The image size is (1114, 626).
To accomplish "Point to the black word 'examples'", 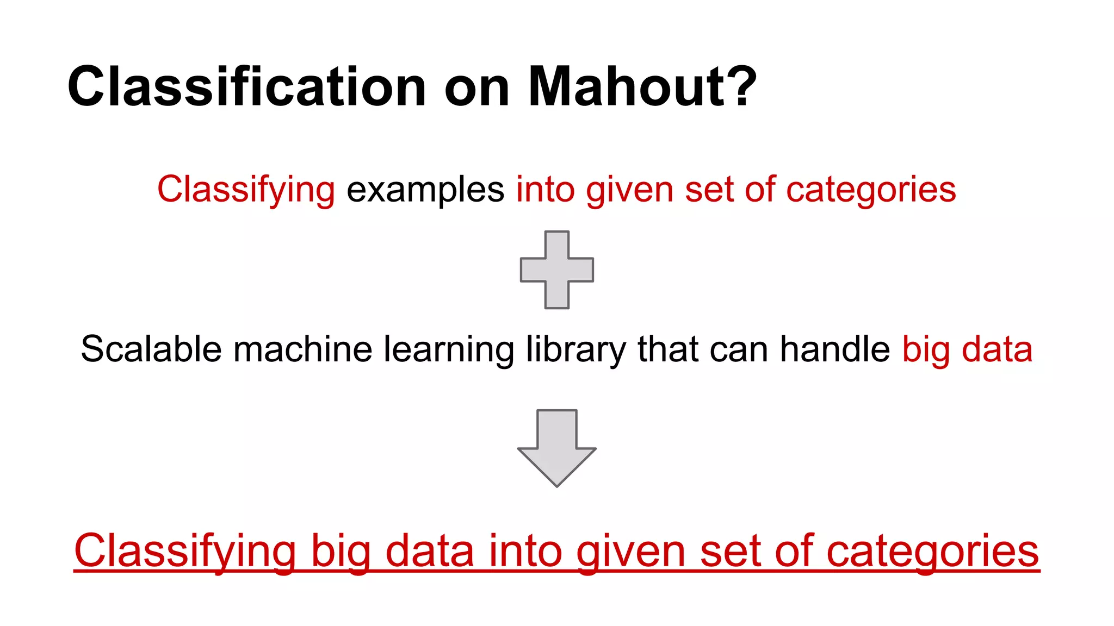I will pyautogui.click(x=425, y=190).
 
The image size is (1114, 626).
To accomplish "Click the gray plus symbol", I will pyautogui.click(x=557, y=270).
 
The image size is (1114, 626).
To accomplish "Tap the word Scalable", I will pyautogui.click(x=151, y=349).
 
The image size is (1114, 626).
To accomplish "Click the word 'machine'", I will pyautogui.click(x=302, y=349).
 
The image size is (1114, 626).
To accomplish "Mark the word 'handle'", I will pyautogui.click(x=835, y=349).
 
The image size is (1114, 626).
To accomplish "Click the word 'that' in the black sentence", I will pyautogui.click(x=667, y=349).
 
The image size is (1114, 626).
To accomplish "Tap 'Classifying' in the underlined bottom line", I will pyautogui.click(x=185, y=552).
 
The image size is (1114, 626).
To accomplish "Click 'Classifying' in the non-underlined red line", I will pyautogui.click(x=246, y=190).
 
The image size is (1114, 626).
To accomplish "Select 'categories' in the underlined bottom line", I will pyautogui.click(x=932, y=552).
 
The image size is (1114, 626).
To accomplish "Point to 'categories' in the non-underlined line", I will pyautogui.click(x=871, y=190).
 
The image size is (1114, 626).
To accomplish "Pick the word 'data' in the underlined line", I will pyautogui.click(x=430, y=552).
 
